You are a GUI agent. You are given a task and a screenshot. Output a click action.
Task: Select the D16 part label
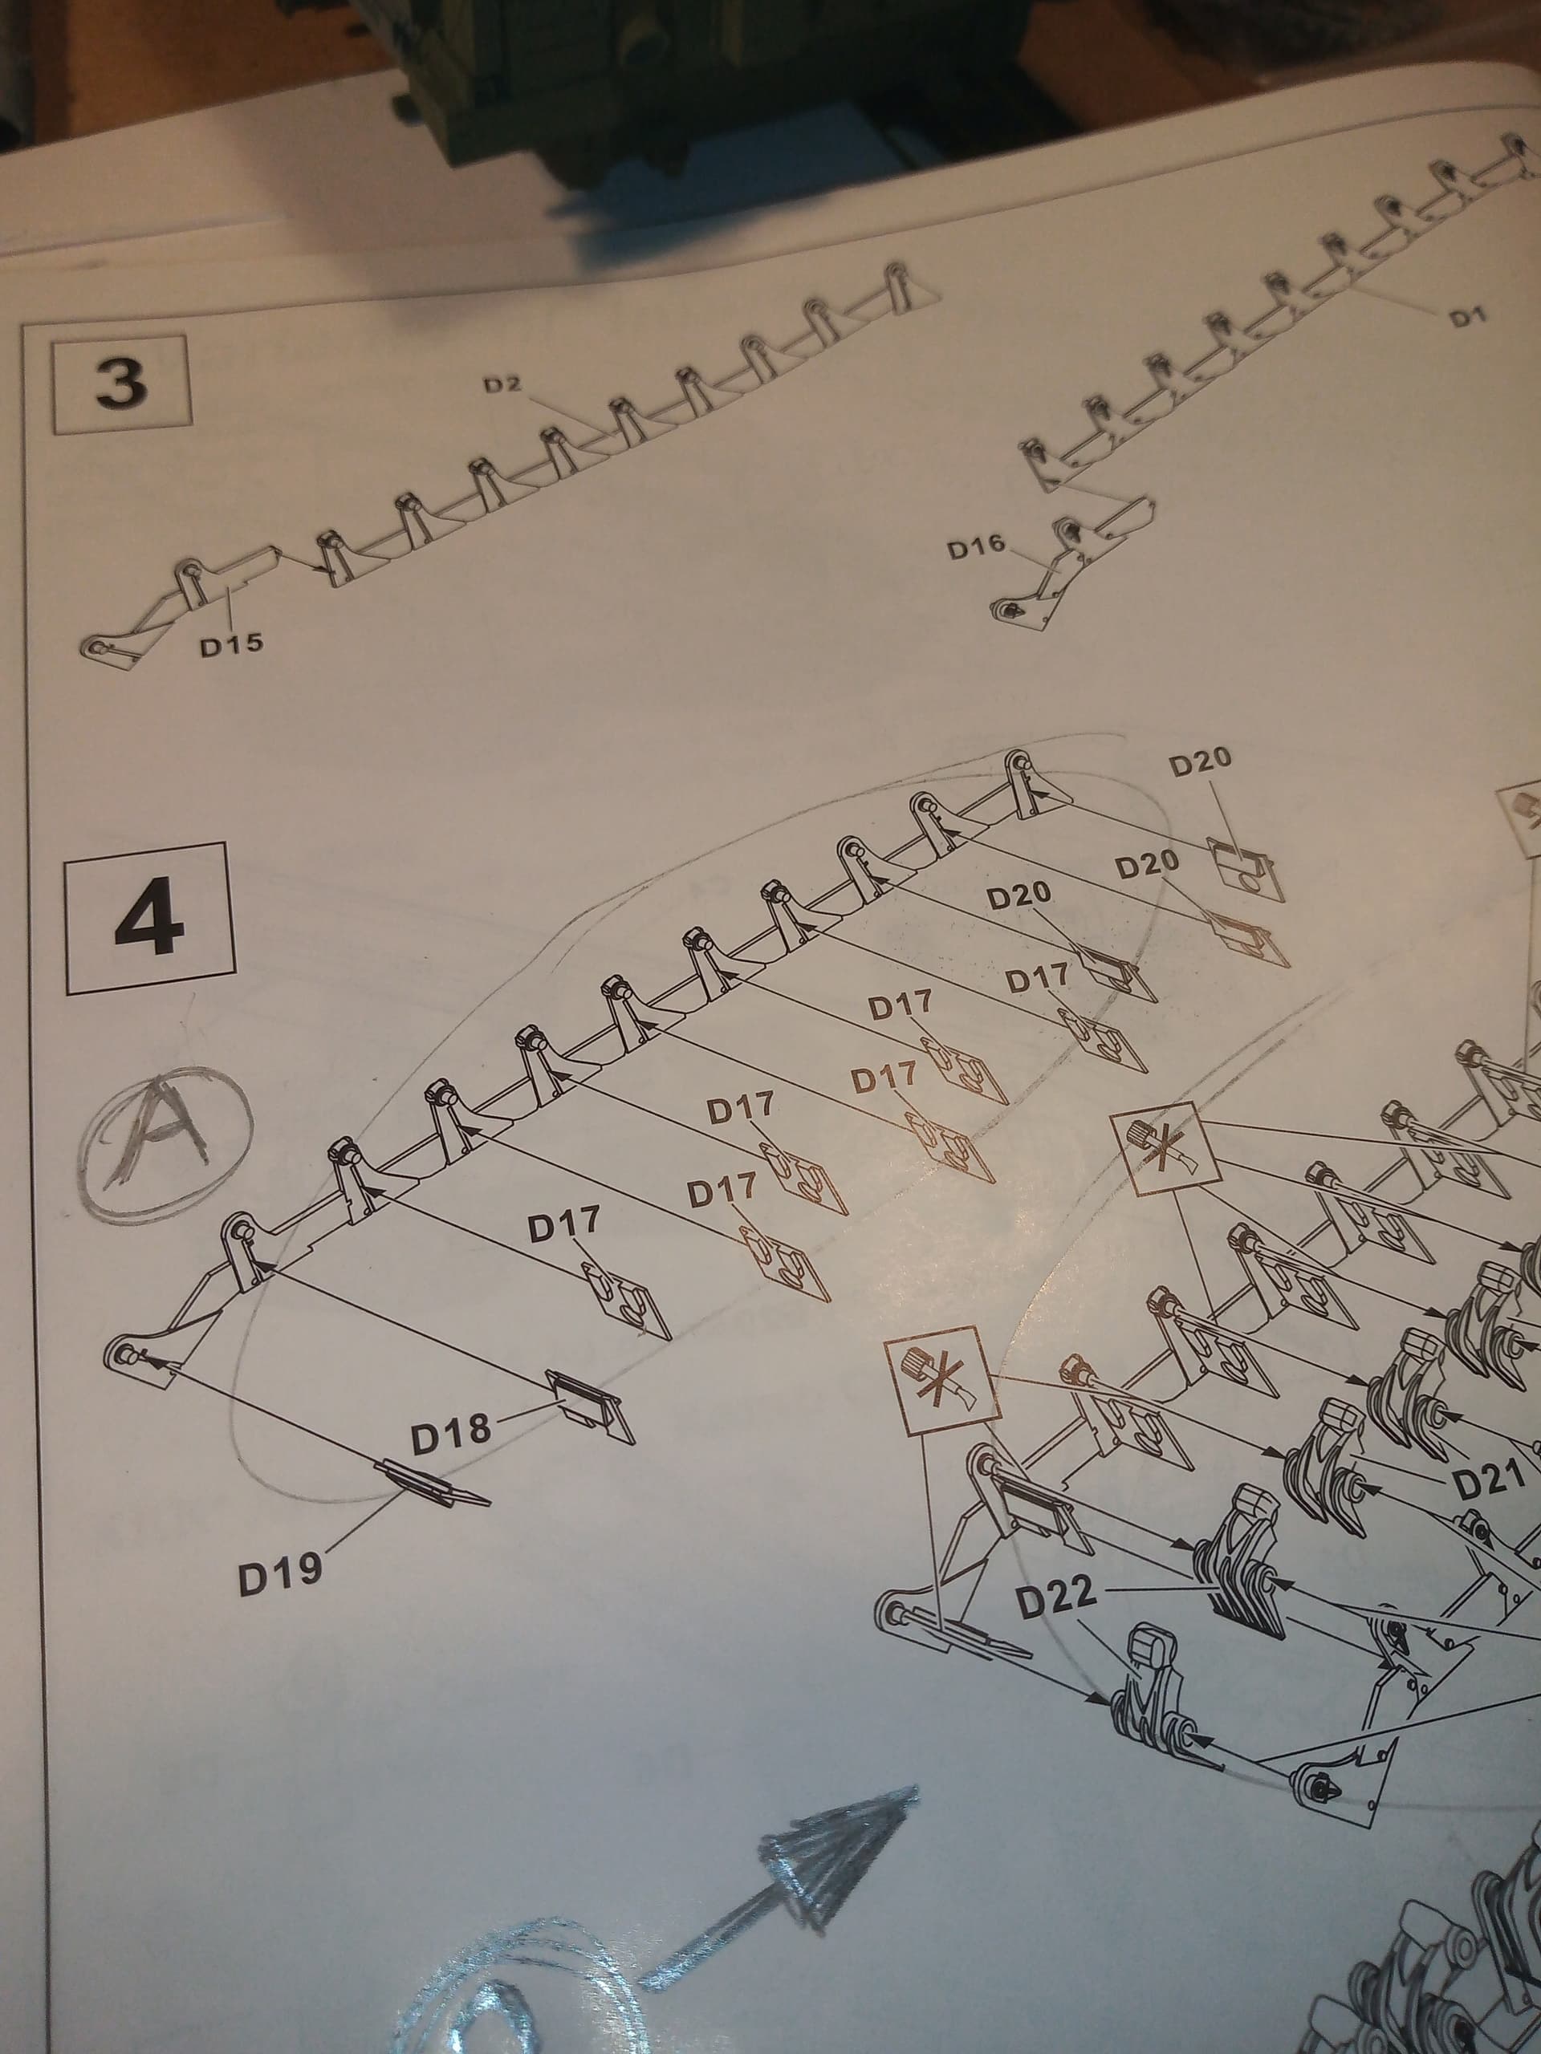976,549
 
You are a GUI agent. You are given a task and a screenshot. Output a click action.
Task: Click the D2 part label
502,384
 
